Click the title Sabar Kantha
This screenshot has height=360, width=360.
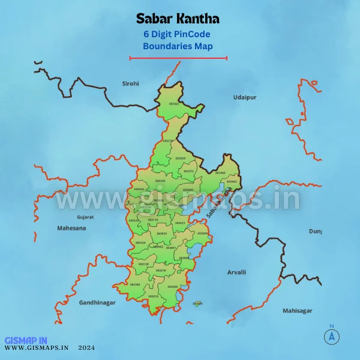point(178,19)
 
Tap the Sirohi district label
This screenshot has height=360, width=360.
point(130,83)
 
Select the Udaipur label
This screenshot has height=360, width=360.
point(245,97)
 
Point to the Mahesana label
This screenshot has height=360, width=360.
point(71,228)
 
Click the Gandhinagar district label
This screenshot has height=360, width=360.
point(97,302)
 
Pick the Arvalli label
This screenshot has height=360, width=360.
point(236,272)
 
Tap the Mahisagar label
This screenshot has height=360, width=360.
point(298,310)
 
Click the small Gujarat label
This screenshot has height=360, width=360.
point(85,217)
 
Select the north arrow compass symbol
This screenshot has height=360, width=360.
point(331,336)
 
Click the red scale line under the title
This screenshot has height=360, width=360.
point(178,58)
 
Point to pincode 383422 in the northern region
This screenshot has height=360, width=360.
point(173,104)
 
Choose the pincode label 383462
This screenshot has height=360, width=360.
point(232,181)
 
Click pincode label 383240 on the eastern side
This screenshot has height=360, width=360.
point(203,233)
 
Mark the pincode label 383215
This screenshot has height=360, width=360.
point(154,296)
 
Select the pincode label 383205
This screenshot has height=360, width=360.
point(135,284)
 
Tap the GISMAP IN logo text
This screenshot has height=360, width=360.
point(26,340)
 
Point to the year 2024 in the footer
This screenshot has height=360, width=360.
point(86,347)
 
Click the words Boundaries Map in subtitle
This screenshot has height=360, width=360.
point(178,45)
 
